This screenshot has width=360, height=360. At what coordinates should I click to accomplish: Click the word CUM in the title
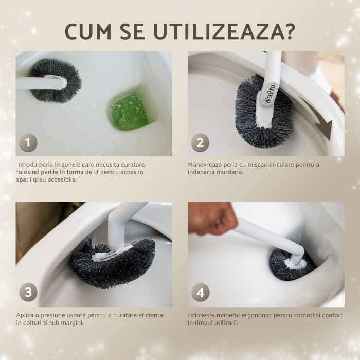click(88, 31)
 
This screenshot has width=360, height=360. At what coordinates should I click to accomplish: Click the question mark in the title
click(289, 31)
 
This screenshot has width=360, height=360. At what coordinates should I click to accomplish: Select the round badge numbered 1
click(28, 142)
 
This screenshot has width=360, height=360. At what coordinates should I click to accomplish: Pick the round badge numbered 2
click(200, 142)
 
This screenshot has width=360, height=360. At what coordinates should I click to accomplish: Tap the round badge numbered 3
click(28, 292)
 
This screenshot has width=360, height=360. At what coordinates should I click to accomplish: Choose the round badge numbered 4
click(200, 292)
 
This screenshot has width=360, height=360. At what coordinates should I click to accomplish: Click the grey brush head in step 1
click(56, 80)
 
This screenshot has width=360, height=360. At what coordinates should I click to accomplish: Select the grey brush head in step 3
click(113, 264)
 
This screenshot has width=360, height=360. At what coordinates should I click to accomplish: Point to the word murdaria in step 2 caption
click(231, 172)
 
